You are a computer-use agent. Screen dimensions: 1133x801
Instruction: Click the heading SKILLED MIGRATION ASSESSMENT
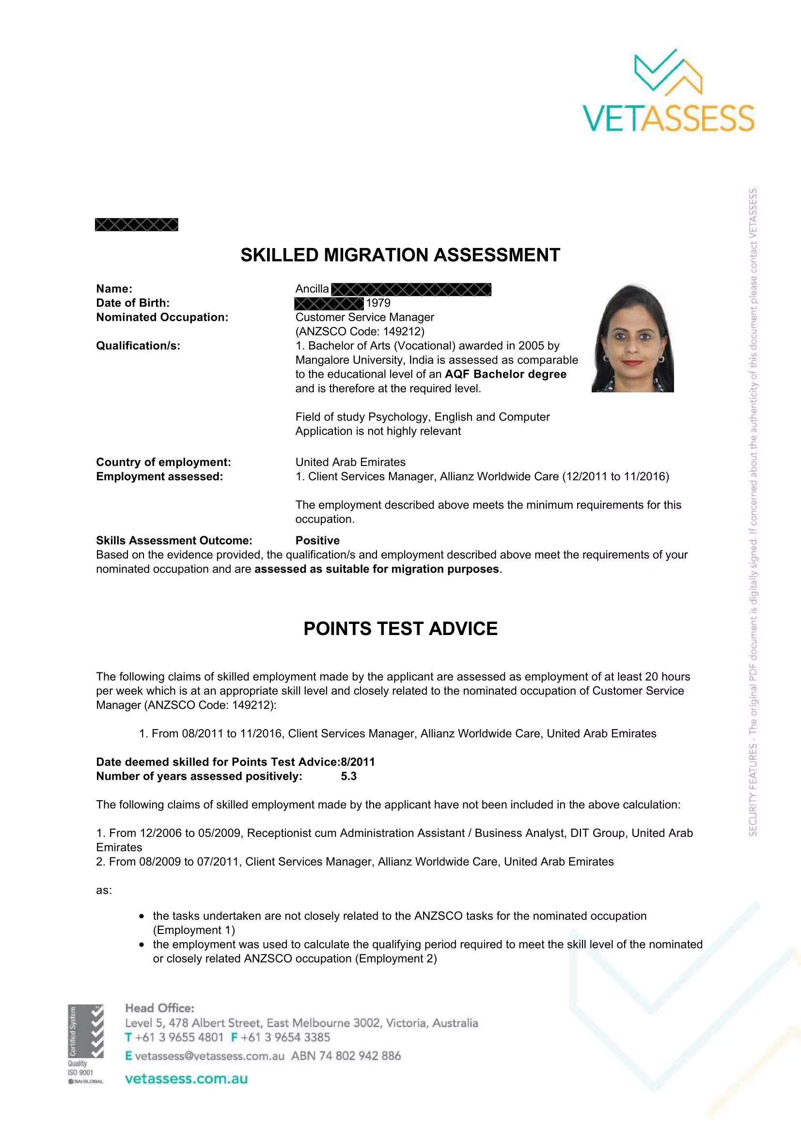tap(400, 255)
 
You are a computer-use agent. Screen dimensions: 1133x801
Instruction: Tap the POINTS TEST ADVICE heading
tap(400, 629)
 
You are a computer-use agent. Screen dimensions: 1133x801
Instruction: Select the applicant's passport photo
tap(633, 339)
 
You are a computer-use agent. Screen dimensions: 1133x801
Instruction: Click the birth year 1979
tap(378, 303)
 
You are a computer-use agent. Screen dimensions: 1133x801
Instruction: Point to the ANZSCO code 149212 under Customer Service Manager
tap(359, 331)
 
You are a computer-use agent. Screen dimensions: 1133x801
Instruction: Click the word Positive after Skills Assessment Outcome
tap(317, 541)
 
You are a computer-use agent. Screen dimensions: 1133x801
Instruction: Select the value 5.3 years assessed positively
tap(348, 776)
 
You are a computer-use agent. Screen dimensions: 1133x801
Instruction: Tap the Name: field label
tap(114, 289)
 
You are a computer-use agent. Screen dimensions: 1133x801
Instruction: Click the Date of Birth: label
tap(133, 303)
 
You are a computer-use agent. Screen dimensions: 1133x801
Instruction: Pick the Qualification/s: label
tap(138, 345)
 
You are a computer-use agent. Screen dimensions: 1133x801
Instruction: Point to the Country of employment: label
tap(163, 462)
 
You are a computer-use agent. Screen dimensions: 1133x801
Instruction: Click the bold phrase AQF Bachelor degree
tap(505, 374)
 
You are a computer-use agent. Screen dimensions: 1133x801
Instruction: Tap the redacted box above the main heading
tap(136, 225)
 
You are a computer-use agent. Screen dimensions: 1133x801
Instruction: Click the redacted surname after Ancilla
tap(411, 289)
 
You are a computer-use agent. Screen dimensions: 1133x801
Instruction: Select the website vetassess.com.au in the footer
tap(186, 1079)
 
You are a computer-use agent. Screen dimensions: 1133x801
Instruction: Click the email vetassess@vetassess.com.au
tap(209, 1055)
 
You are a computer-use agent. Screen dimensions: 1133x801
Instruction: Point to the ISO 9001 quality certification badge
tap(85, 1044)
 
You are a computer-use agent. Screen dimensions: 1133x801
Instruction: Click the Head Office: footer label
tap(159, 1008)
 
